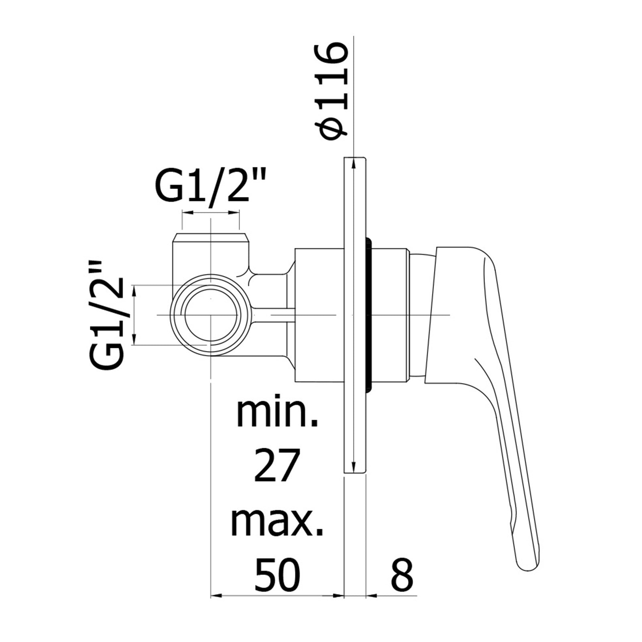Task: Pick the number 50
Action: pyautogui.click(x=277, y=575)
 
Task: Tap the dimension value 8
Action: pyautogui.click(x=402, y=575)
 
